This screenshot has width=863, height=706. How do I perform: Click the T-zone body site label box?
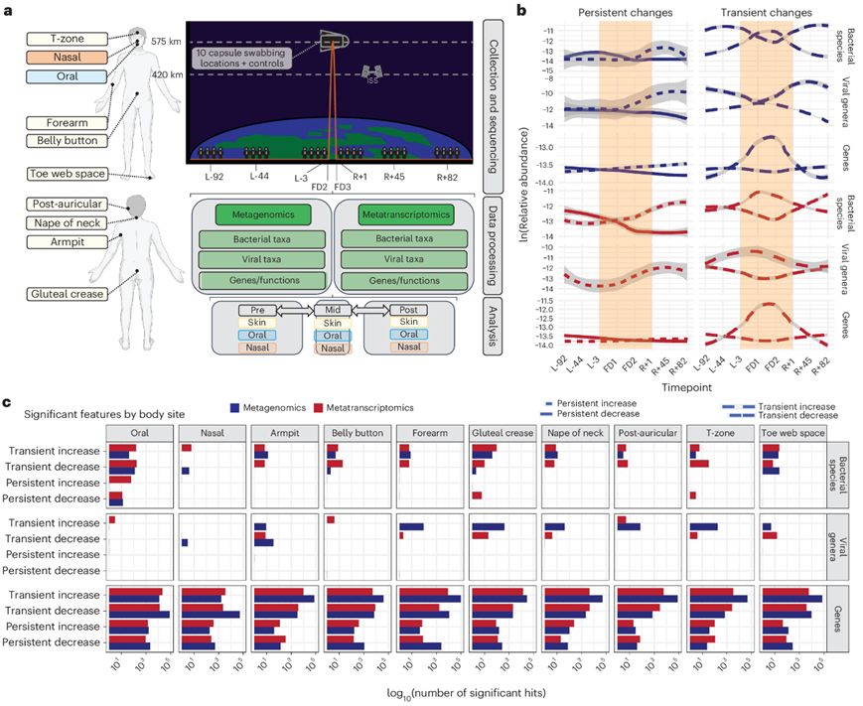[x=62, y=39]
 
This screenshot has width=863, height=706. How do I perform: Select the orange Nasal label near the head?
[x=62, y=59]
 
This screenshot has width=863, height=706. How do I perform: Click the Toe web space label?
[x=62, y=174]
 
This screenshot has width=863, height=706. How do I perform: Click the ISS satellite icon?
[x=374, y=72]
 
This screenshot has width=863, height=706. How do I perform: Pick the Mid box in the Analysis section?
[x=334, y=310]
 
